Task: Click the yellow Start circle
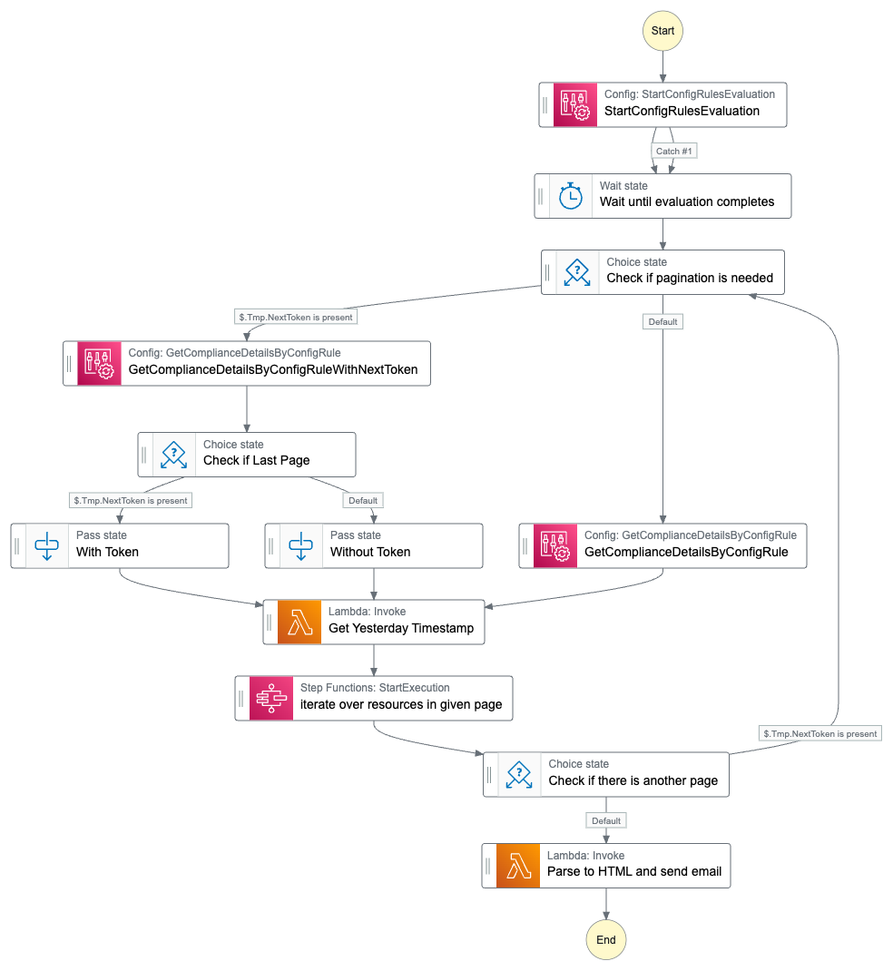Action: point(662,30)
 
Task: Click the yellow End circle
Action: point(606,939)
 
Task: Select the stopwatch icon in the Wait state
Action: point(571,196)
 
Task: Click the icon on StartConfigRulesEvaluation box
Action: point(574,105)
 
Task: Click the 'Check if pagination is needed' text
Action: point(690,279)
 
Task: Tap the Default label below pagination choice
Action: point(662,321)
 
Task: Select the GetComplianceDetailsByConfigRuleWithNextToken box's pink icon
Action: point(99,364)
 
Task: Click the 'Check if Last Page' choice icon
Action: point(173,455)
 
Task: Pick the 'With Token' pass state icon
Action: point(46,546)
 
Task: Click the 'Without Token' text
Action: point(369,552)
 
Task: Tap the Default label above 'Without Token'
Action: point(363,500)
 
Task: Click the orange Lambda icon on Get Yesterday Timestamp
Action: point(299,623)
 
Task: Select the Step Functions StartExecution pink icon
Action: point(271,699)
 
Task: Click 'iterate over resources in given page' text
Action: point(400,704)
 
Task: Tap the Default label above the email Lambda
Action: point(606,820)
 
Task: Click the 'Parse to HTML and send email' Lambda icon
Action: point(518,866)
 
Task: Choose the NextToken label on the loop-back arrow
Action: point(819,733)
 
